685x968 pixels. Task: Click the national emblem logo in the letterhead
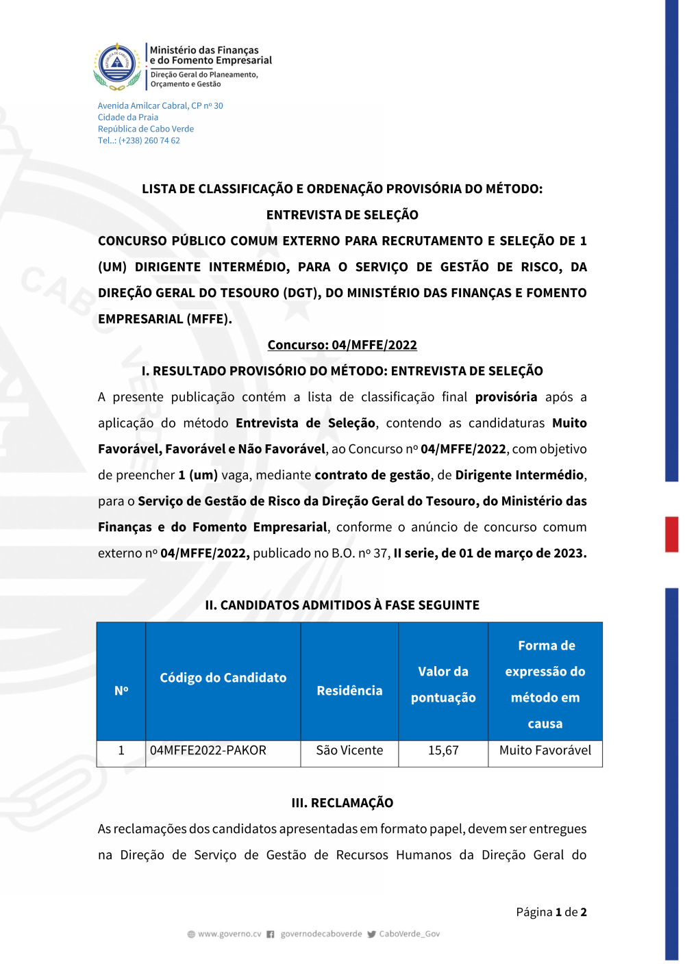pos(117,66)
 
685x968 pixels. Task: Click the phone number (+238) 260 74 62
pos(149,140)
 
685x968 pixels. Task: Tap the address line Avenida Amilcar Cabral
pos(160,105)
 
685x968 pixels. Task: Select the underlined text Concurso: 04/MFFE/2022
pos(342,345)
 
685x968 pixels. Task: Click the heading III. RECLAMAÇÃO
pos(342,803)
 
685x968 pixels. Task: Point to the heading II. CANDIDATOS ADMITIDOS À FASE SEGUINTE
pos(342,605)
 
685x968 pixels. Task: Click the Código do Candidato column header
pos(223,678)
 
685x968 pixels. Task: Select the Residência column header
pos(349,691)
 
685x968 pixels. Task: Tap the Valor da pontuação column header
pos(443,685)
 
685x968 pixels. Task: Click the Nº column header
pos(121,691)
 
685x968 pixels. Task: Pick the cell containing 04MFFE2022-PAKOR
pos(208,751)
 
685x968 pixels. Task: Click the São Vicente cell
pos(349,751)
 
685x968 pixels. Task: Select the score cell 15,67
pos(443,751)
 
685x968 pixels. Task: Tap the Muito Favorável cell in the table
pos(545,751)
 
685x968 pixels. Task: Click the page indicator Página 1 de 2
pos(551,912)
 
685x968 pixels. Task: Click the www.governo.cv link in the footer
pos(229,934)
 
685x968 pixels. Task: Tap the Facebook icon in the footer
pos(271,934)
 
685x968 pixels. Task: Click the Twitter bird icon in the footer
pos(371,934)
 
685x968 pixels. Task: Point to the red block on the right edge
pos(671,534)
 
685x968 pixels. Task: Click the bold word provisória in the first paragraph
pos(506,397)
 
